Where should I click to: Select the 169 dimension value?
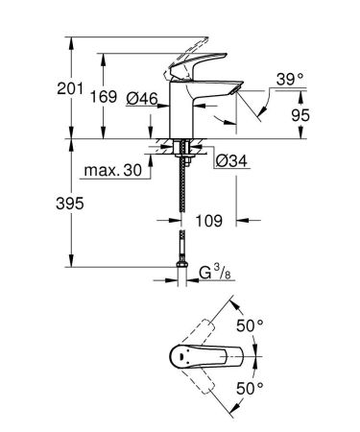coord(118,97)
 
